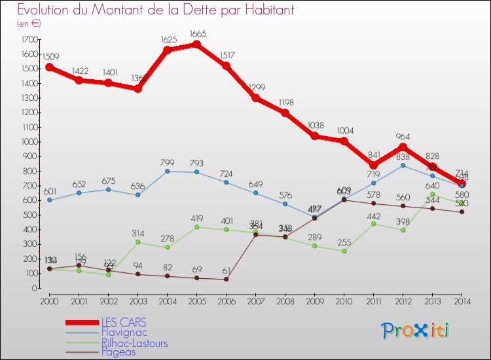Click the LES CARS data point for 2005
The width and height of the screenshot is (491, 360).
(196, 45)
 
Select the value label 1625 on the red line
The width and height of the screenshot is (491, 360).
(167, 40)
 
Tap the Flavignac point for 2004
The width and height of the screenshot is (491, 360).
(167, 171)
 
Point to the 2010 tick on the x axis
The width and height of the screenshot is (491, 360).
(344, 300)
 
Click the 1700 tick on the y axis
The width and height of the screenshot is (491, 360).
(30, 40)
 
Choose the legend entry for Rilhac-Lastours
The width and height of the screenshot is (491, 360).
(134, 343)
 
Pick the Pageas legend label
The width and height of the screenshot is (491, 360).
(119, 352)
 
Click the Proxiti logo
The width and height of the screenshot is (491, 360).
(416, 331)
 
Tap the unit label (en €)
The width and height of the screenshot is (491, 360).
(29, 24)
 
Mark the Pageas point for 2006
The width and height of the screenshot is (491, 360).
(226, 279)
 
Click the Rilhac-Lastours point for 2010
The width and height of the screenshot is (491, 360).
(344, 251)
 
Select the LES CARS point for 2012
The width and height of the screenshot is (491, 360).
(403, 147)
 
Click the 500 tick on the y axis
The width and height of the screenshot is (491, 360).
(30, 215)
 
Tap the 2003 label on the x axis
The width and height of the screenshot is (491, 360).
(137, 300)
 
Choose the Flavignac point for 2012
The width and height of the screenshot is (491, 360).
(403, 166)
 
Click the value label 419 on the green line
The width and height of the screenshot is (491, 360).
(197, 219)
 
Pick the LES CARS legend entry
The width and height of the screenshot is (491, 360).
(124, 323)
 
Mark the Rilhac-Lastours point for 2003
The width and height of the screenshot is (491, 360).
(137, 242)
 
